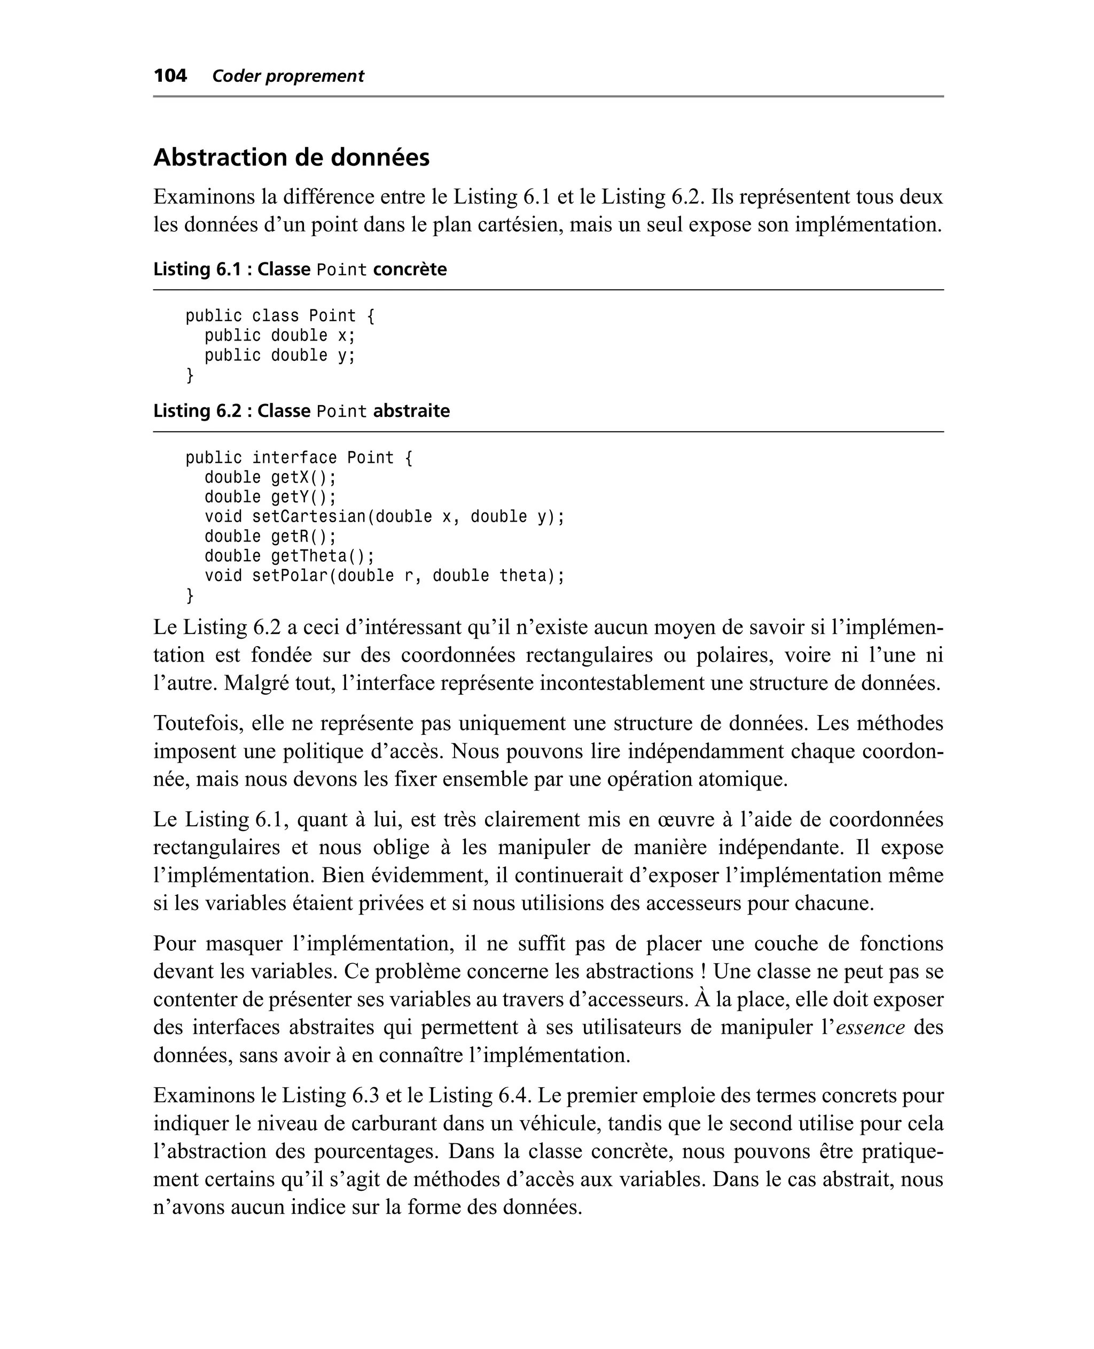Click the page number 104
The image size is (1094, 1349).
pos(170,76)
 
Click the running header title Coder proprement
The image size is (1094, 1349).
pos(288,76)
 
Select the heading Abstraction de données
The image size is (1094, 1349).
pos(291,157)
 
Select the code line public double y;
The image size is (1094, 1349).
pos(280,355)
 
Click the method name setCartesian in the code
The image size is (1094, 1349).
pos(309,517)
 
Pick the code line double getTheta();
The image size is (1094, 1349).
pos(289,556)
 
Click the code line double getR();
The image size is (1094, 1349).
pos(270,537)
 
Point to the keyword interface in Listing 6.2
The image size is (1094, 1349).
pos(294,458)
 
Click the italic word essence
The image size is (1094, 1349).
pos(870,1027)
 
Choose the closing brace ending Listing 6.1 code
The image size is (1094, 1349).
pos(190,376)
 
